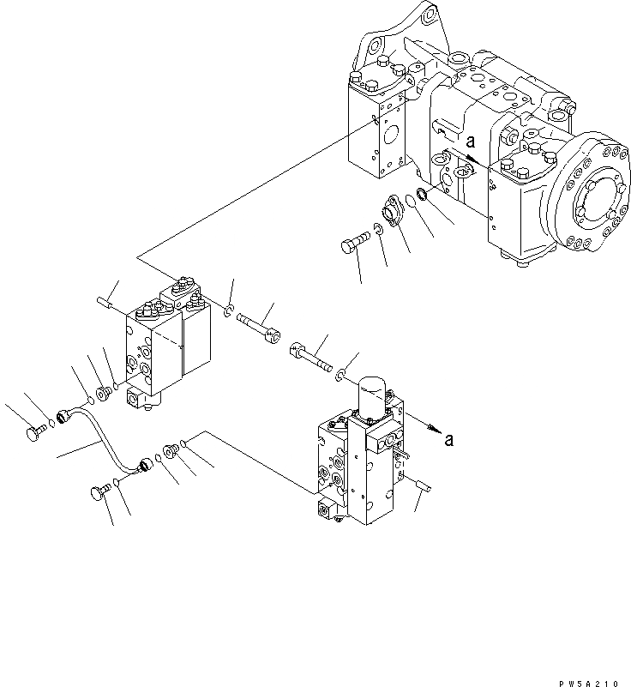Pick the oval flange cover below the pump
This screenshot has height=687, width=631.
tap(393, 212)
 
